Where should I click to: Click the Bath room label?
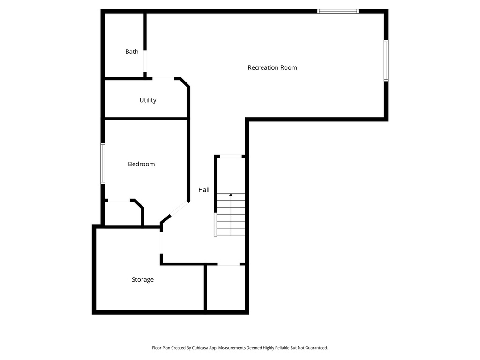coord(132,52)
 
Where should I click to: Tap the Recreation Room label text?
coord(272,67)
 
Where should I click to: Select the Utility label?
coord(148,100)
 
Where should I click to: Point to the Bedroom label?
coord(141,164)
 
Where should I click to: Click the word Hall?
coord(204,190)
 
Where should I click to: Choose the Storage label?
coord(142,280)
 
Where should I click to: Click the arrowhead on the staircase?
coord(231,195)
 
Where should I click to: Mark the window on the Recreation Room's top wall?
coord(337,11)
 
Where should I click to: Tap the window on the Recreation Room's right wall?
coord(386,61)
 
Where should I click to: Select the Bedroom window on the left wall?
coord(103,164)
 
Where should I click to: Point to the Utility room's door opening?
coord(163,78)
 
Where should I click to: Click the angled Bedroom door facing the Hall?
coord(179,210)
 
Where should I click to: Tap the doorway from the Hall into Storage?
coord(162,242)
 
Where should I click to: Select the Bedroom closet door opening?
coord(119,201)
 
